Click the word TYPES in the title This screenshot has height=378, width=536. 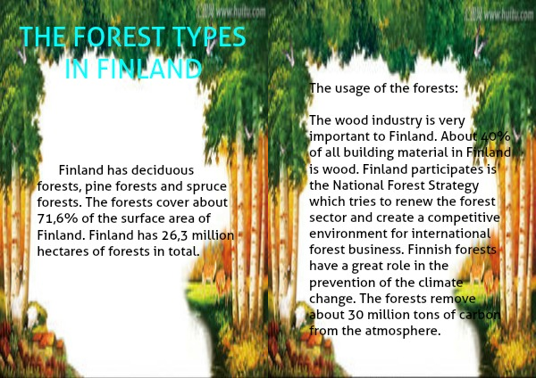pyautogui.click(x=209, y=37)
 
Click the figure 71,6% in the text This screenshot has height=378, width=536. pyautogui.click(x=57, y=218)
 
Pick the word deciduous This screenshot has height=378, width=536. pyautogui.click(x=163, y=170)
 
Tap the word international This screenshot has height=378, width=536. pyautogui.click(x=451, y=234)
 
